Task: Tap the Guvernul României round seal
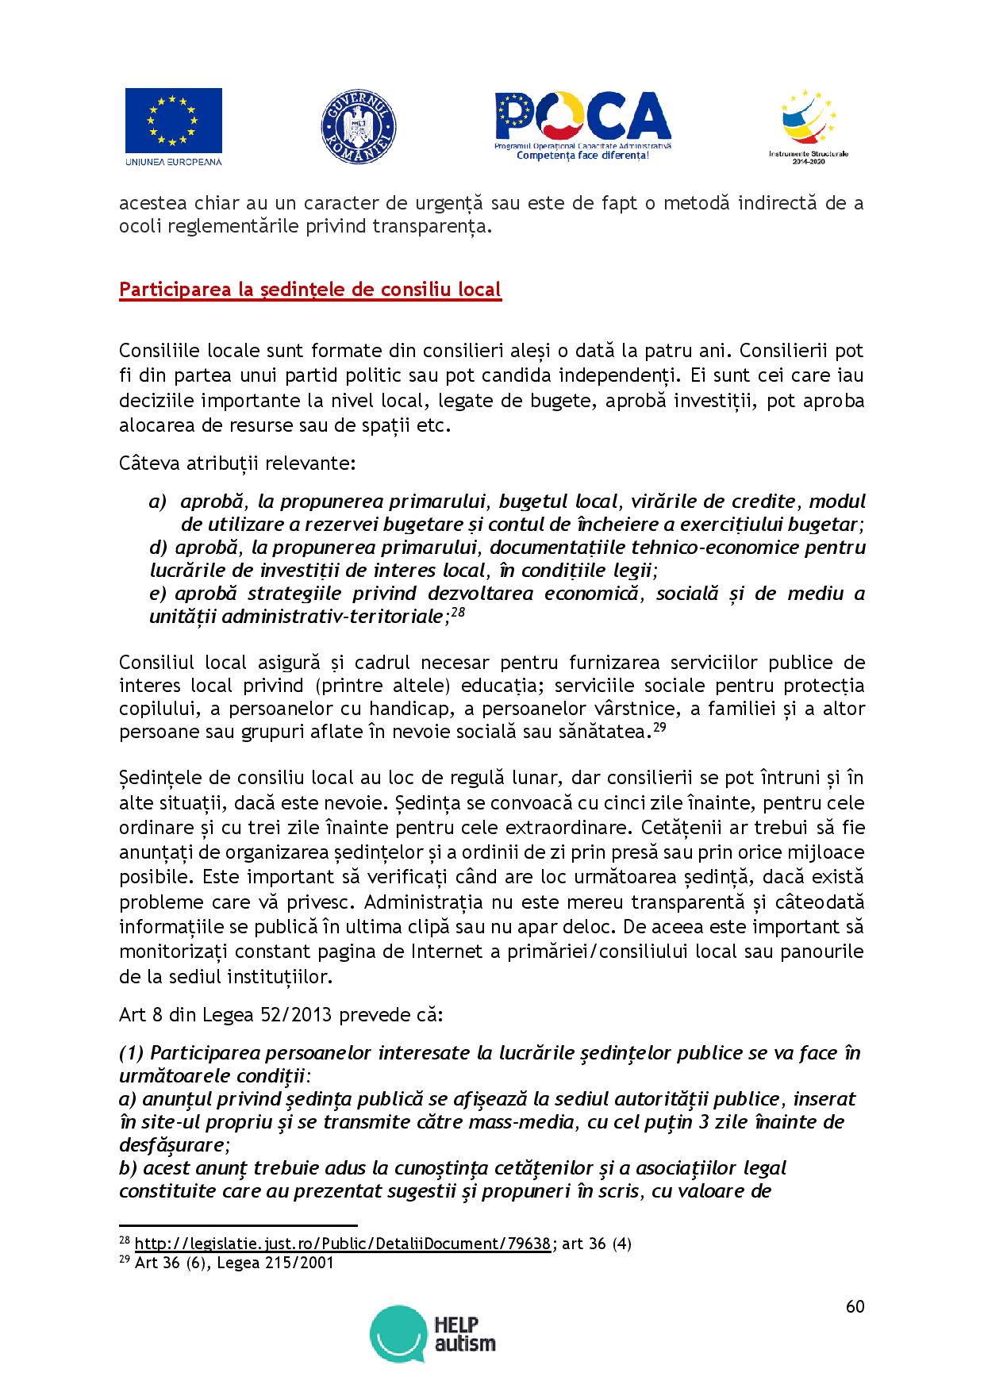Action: [358, 127]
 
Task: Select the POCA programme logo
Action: [582, 125]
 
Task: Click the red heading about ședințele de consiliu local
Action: [309, 290]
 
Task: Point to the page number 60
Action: [855, 1306]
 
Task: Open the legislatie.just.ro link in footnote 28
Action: [343, 1244]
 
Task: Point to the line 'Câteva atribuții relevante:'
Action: [237, 463]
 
